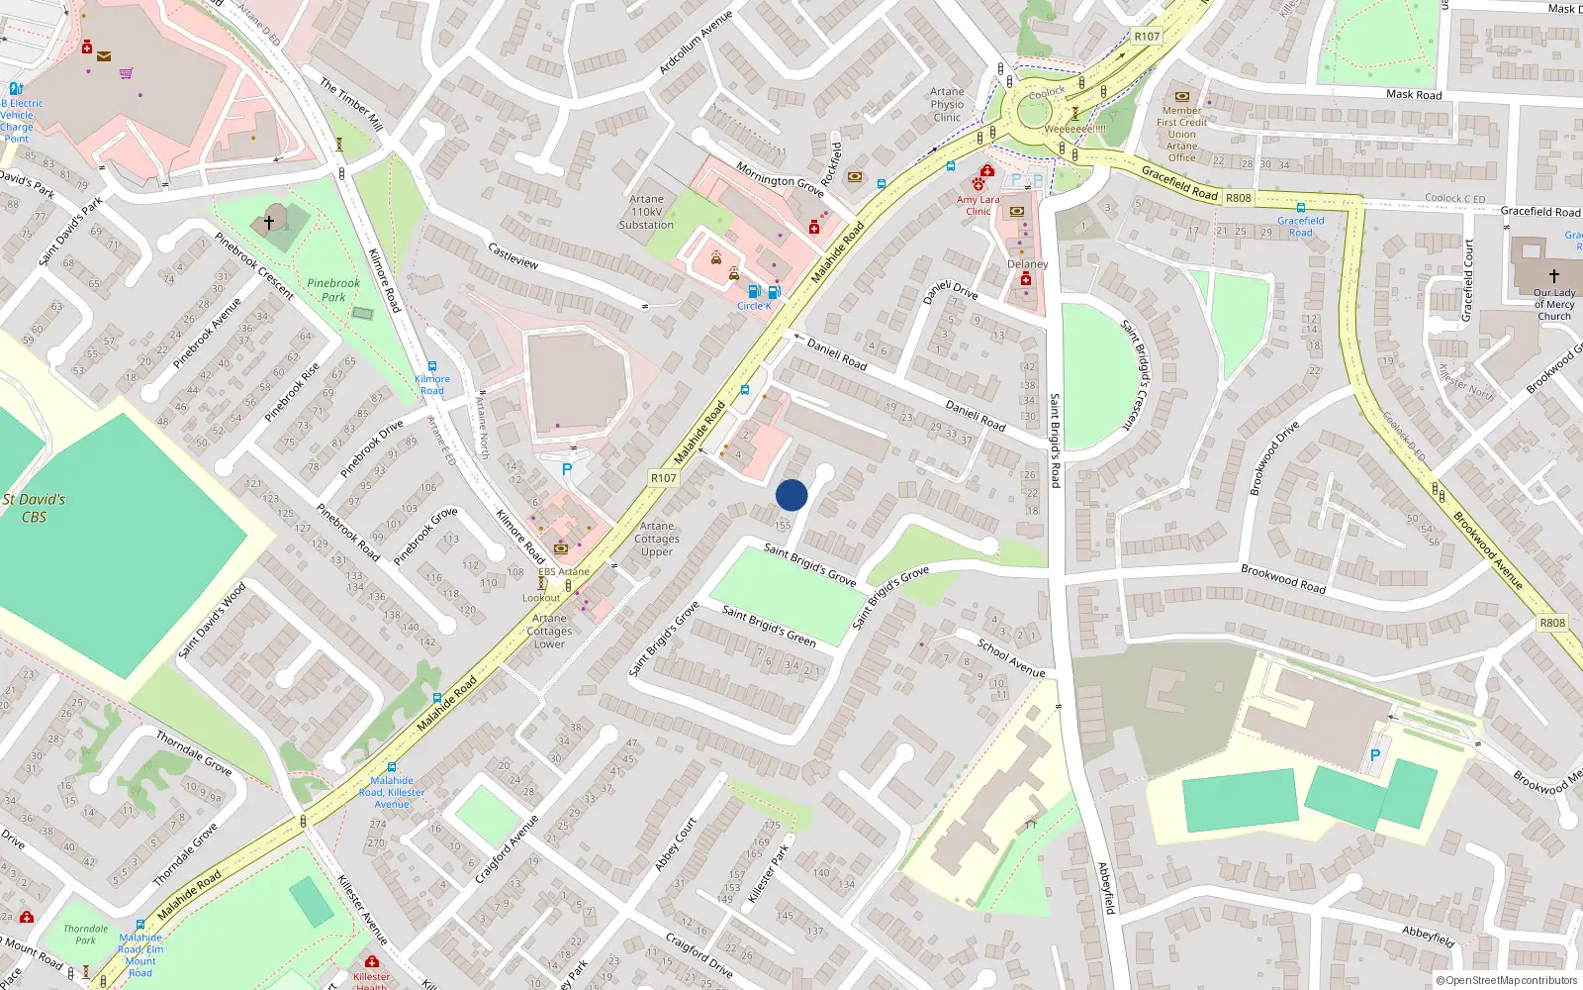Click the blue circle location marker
[791, 495]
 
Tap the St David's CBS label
[34, 508]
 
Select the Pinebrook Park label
[333, 289]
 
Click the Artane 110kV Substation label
[646, 212]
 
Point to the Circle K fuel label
[754, 306]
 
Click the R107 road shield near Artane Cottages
[663, 478]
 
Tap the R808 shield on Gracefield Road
[1239, 198]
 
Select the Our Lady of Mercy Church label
[1553, 304]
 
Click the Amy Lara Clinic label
[978, 205]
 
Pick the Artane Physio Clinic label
[947, 104]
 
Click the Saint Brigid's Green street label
[769, 626]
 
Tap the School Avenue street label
[1011, 658]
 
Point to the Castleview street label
[513, 255]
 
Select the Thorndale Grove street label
[194, 752]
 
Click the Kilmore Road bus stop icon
[432, 366]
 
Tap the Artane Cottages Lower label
[549, 631]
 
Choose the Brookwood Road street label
[1283, 578]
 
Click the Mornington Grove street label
[780, 179]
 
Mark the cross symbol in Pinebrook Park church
[269, 223]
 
